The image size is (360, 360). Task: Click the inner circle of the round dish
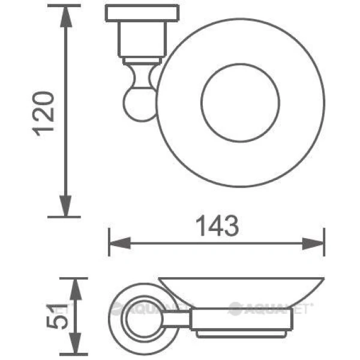pos(239,99)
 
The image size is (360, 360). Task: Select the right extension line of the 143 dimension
pos(325,243)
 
